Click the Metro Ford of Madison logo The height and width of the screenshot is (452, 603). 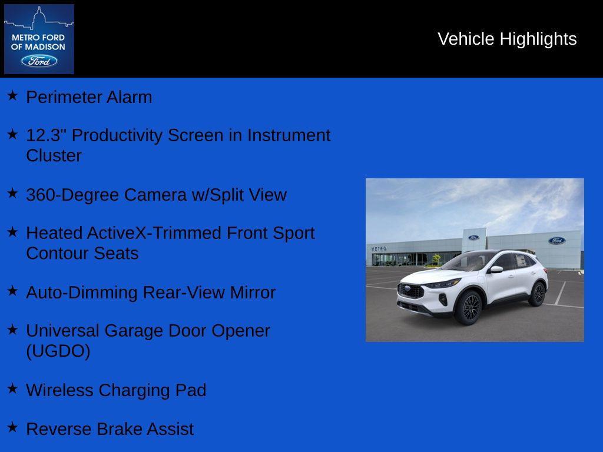pyautogui.click(x=39, y=39)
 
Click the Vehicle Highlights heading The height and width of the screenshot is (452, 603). pyautogui.click(x=507, y=39)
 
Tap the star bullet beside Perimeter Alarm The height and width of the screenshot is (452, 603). pyautogui.click(x=12, y=95)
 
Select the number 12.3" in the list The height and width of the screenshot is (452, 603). pyautogui.click(x=47, y=135)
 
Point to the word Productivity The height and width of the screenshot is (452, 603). pyautogui.click(x=117, y=135)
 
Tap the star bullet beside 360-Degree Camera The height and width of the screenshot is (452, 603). pyautogui.click(x=12, y=193)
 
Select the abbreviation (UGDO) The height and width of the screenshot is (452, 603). pyautogui.click(x=58, y=351)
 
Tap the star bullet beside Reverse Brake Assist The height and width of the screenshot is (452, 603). pyautogui.click(x=12, y=427)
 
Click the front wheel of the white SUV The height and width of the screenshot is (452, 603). pyautogui.click(x=470, y=308)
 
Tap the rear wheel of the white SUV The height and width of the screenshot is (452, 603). pyautogui.click(x=537, y=294)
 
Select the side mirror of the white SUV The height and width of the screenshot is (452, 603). pyautogui.click(x=496, y=269)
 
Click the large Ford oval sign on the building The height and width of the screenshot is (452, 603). pyautogui.click(x=556, y=240)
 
